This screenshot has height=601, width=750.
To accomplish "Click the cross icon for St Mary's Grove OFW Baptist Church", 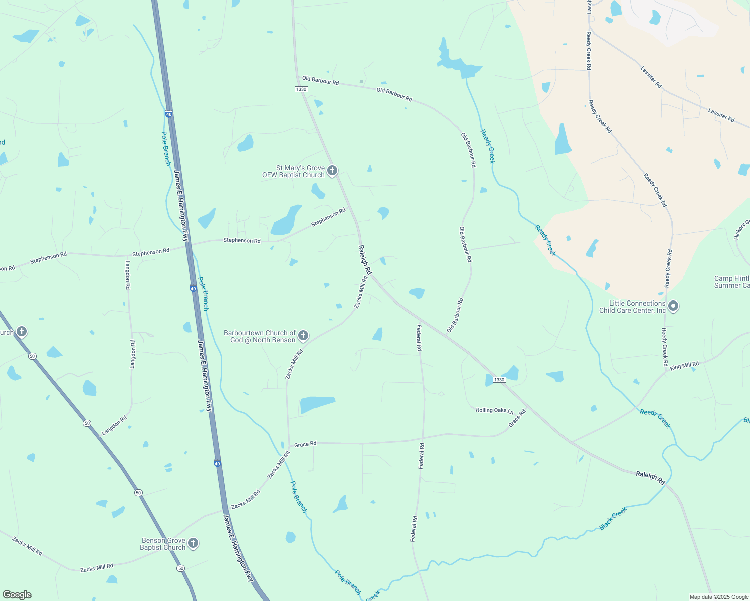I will pyautogui.click(x=332, y=171).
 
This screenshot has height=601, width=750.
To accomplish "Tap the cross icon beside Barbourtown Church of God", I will pyautogui.click(x=303, y=335).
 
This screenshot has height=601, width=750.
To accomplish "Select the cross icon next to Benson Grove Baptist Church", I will pyautogui.click(x=193, y=543).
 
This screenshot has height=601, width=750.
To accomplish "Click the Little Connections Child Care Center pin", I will pyautogui.click(x=673, y=306).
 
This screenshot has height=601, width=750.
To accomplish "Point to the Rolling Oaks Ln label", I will pyautogui.click(x=494, y=410).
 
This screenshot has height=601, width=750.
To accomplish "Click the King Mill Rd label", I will pyautogui.click(x=684, y=366).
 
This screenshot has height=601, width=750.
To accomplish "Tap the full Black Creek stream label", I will pyautogui.click(x=613, y=519).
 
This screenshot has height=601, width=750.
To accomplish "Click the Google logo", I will pyautogui.click(x=17, y=595).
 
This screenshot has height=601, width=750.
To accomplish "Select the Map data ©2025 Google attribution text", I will pyautogui.click(x=719, y=597).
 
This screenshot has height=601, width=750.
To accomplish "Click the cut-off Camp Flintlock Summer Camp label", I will pyautogui.click(x=732, y=282).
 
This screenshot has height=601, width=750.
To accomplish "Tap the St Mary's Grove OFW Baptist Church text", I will pyautogui.click(x=294, y=172).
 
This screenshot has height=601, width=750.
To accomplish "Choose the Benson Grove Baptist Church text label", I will pyautogui.click(x=163, y=544).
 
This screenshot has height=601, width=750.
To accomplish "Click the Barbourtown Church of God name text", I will pyautogui.click(x=260, y=336).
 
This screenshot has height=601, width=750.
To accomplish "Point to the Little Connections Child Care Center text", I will pyautogui.click(x=632, y=307).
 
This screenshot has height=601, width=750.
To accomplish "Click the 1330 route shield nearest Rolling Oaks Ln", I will pyautogui.click(x=499, y=380).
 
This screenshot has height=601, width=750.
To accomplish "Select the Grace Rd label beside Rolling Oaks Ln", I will pyautogui.click(x=517, y=418).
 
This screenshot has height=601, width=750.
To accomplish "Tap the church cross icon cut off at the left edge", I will pyautogui.click(x=21, y=331).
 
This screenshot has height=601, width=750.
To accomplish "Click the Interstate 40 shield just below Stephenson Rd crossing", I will pyautogui.click(x=193, y=288).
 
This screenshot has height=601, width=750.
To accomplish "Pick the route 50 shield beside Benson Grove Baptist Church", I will pyautogui.click(x=180, y=568).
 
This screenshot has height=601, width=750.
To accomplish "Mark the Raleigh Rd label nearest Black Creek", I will pyautogui.click(x=650, y=477).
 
